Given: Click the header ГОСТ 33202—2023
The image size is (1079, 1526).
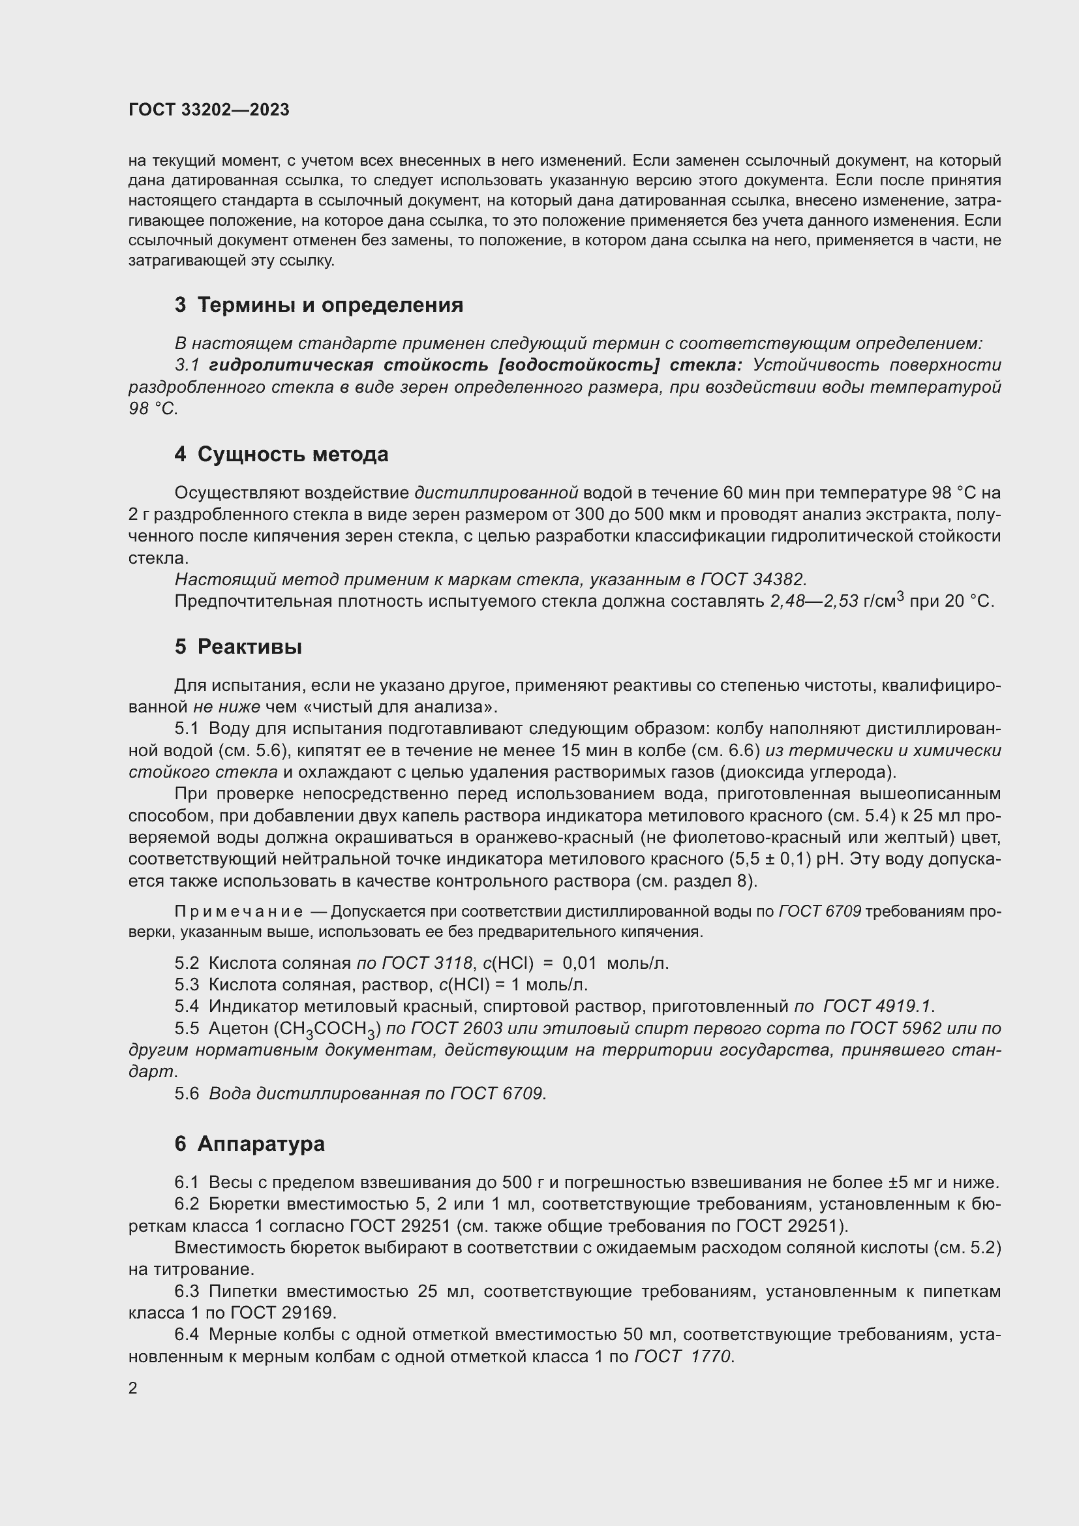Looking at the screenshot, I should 209,110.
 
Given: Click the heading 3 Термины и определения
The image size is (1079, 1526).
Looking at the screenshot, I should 319,305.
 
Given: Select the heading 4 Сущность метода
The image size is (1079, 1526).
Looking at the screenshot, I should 281,455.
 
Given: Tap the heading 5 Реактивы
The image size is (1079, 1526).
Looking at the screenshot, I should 238,647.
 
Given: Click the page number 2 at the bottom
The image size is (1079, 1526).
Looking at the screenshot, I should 133,1388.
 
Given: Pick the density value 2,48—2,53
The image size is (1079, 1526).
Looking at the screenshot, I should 814,602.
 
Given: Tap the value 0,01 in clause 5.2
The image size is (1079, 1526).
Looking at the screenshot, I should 579,963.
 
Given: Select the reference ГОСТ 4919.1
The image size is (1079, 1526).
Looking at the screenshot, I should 877,1006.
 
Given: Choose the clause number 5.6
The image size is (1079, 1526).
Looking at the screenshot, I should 187,1094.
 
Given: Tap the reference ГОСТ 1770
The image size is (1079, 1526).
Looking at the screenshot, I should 683,1356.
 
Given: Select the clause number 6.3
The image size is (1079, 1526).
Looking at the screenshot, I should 187,1291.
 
